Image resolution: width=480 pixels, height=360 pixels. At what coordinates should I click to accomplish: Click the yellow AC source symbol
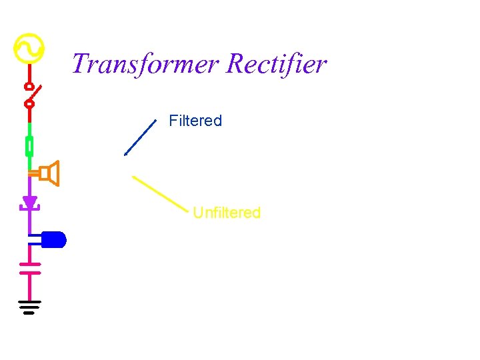(x=29, y=48)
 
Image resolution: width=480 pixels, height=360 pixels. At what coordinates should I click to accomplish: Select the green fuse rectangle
(x=29, y=146)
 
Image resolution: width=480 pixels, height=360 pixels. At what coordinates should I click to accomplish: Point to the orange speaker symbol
(x=49, y=174)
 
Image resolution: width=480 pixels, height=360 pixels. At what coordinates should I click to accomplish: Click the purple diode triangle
(x=29, y=202)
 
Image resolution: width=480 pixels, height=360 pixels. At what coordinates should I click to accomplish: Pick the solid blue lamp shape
(x=53, y=239)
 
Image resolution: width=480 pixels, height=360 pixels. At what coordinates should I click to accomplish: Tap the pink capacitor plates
(x=29, y=268)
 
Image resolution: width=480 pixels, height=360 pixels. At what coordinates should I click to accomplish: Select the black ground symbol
(x=29, y=307)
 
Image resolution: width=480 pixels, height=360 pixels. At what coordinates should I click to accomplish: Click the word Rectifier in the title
(x=276, y=65)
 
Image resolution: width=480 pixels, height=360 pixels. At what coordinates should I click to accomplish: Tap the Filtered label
(x=195, y=121)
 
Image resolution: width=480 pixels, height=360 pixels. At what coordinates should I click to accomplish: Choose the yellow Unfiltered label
(x=227, y=213)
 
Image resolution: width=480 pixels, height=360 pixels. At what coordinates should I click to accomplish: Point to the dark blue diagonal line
(x=140, y=137)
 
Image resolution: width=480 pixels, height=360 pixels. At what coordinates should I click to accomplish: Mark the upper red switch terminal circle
(x=29, y=87)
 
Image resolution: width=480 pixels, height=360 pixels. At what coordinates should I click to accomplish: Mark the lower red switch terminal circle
(x=29, y=103)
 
